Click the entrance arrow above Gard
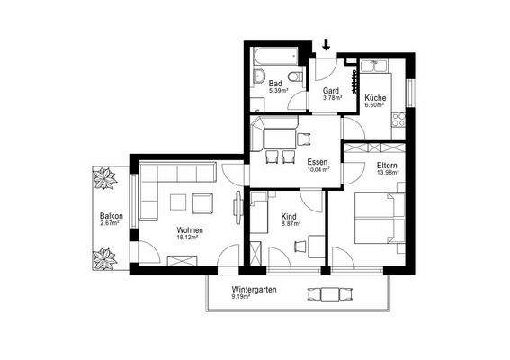[x=327, y=44]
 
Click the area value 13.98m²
[x=388, y=173]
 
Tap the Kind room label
[x=289, y=217]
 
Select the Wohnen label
[x=189, y=230]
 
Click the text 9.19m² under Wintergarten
[x=240, y=297]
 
